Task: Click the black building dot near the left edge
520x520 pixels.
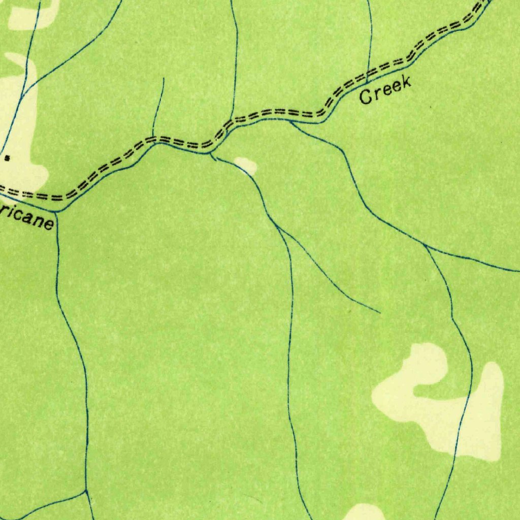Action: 7,158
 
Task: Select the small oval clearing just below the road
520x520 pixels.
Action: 246,165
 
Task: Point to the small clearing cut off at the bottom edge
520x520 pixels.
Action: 364,512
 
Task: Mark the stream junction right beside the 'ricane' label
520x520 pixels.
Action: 56,212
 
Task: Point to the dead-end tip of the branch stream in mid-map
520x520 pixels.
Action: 380,312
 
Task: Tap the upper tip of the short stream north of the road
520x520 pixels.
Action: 164,79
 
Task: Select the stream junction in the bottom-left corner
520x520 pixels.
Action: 86,492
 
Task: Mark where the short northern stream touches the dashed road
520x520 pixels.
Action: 153,137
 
